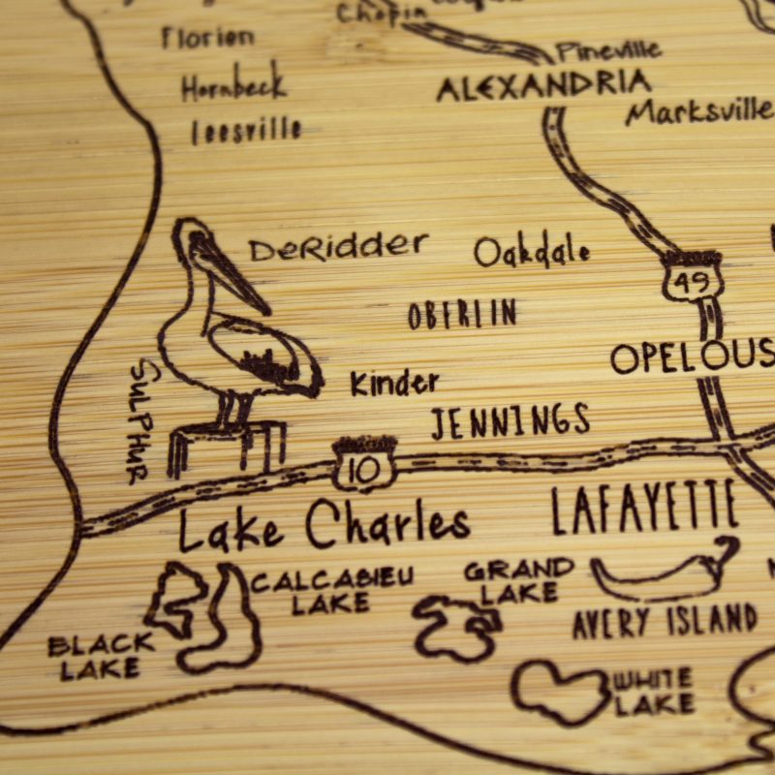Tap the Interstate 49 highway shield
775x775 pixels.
pyautogui.click(x=693, y=276)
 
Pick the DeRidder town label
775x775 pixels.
pyautogui.click(x=338, y=248)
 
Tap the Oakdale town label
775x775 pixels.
pyautogui.click(x=532, y=252)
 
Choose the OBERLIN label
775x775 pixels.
pyautogui.click(x=462, y=314)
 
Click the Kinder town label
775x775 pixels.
pyautogui.click(x=394, y=384)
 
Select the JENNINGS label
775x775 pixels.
pyautogui.click(x=511, y=421)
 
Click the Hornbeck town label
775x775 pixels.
pyautogui.click(x=233, y=86)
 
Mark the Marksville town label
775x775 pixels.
pyautogui.click(x=698, y=110)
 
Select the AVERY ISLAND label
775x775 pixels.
pyautogui.click(x=665, y=620)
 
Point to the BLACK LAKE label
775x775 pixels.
pyautogui.click(x=101, y=655)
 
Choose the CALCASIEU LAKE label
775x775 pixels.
pyautogui.click(x=332, y=591)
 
